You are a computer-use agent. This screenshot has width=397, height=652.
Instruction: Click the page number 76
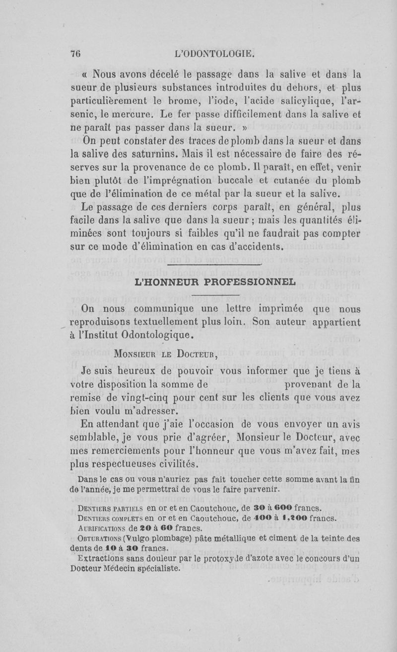click(x=75, y=54)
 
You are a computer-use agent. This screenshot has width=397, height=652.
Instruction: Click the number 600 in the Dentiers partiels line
click(x=296, y=507)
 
